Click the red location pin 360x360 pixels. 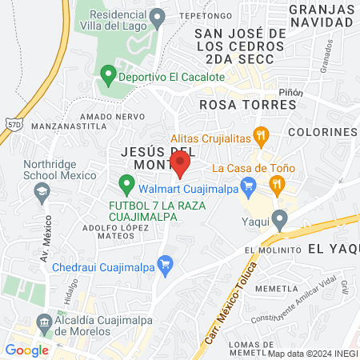point(181,163)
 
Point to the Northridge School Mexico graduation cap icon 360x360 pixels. point(41,192)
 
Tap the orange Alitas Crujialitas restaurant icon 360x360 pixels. point(259,135)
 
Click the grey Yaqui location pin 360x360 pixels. point(279,218)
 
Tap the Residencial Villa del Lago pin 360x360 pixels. point(158,16)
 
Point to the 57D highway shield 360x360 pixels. point(12,125)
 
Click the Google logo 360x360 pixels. point(26,350)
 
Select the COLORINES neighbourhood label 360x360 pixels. point(322,131)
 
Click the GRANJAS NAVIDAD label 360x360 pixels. point(322,16)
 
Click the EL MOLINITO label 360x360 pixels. point(270,250)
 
